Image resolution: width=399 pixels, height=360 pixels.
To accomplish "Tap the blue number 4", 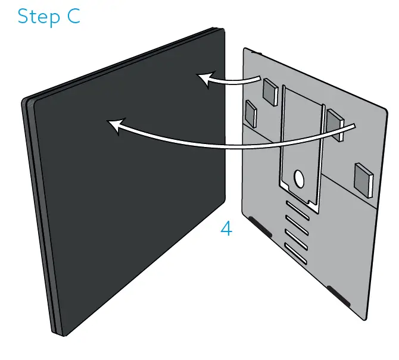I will click(x=226, y=228).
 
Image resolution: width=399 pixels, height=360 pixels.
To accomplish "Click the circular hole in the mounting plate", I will click(x=299, y=178).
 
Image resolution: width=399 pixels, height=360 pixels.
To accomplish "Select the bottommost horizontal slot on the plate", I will click(x=297, y=253).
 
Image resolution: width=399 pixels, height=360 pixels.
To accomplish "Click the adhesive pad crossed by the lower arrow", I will click(x=335, y=123).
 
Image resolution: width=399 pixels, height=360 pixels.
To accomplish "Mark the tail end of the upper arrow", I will click(x=261, y=78).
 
